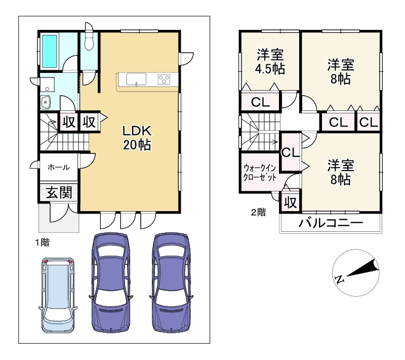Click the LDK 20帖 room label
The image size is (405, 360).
coord(137,138)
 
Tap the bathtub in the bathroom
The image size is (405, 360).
coord(49,51)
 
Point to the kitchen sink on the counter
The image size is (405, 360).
coord(136,79)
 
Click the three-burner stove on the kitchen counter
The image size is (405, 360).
coord(164,79)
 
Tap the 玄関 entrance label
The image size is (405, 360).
coord(59,192)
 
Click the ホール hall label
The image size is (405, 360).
coord(59,168)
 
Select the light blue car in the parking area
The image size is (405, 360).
coord(58,295)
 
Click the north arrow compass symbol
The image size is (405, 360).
coord(356,272)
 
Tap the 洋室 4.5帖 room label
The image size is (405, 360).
coord(270,62)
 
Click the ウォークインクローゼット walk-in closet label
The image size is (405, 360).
coord(260,172)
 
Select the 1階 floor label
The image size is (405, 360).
coord(42,243)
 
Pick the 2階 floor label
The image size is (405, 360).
coord(259,212)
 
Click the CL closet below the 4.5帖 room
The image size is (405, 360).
coord(260,102)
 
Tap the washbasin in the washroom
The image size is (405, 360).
coord(46,102)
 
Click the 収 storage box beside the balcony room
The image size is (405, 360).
coord(291,203)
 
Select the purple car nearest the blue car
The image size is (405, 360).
coord(111,283)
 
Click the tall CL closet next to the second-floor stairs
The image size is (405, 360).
coord(291,152)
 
